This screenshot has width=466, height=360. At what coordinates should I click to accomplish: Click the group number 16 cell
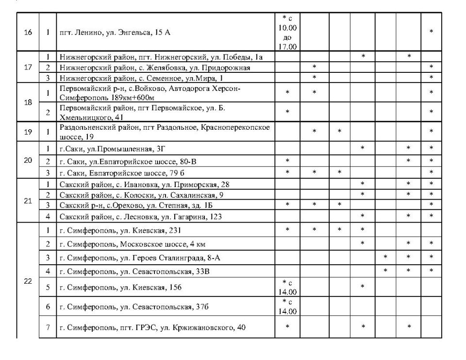(x=28, y=33)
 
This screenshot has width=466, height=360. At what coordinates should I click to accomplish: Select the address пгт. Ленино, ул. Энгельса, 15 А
(x=115, y=33)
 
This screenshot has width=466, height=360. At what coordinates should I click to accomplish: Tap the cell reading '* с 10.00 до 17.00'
(x=287, y=33)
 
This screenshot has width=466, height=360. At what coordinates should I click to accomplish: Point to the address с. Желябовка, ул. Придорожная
(x=154, y=68)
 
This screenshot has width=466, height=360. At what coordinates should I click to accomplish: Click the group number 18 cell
(x=28, y=102)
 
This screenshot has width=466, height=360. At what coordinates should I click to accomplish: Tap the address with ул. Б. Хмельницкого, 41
(x=142, y=112)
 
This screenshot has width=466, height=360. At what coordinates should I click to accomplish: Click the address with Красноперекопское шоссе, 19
(x=165, y=132)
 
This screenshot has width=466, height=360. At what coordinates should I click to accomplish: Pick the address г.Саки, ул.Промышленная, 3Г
(x=116, y=148)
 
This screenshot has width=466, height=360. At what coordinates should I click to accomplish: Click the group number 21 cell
(x=28, y=200)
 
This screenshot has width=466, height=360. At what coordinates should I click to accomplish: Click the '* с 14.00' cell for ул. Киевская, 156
(x=287, y=287)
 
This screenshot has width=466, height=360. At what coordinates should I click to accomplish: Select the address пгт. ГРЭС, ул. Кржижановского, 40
(x=152, y=327)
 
